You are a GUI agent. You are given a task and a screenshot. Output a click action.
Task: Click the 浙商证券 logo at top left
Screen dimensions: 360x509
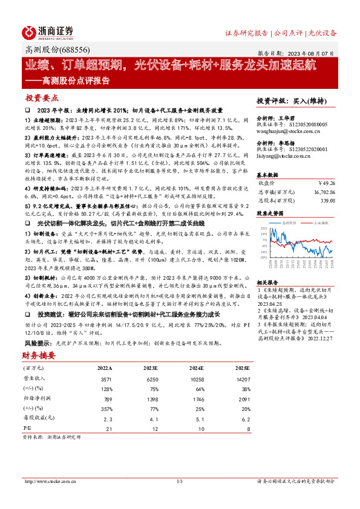pos(48,32)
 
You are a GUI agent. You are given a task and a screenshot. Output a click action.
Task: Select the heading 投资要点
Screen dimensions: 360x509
pos(42,97)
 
